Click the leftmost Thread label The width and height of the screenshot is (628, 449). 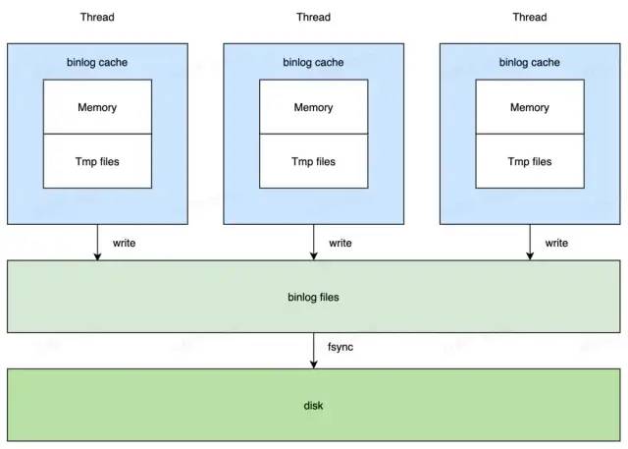97,18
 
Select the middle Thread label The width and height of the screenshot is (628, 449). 314,18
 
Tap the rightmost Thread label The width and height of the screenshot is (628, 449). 530,18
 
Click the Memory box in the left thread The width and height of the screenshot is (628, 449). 97,107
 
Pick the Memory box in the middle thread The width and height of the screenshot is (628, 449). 314,107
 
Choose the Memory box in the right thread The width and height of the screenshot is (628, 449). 530,107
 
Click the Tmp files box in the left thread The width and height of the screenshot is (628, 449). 97,161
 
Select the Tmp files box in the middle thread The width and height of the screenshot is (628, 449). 314,161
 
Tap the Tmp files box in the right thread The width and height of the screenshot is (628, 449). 530,161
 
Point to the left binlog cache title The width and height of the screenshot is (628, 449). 97,63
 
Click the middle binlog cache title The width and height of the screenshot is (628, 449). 313,63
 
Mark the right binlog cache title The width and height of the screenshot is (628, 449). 530,63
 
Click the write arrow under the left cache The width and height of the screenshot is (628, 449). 97,242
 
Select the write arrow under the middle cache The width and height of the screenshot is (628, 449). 314,242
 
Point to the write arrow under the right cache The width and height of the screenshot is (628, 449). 530,242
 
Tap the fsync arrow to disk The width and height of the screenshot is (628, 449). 314,351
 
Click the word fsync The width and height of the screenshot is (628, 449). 340,347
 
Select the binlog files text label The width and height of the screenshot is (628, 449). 313,297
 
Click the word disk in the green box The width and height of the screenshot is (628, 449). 313,406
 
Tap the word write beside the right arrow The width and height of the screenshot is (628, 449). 556,243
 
